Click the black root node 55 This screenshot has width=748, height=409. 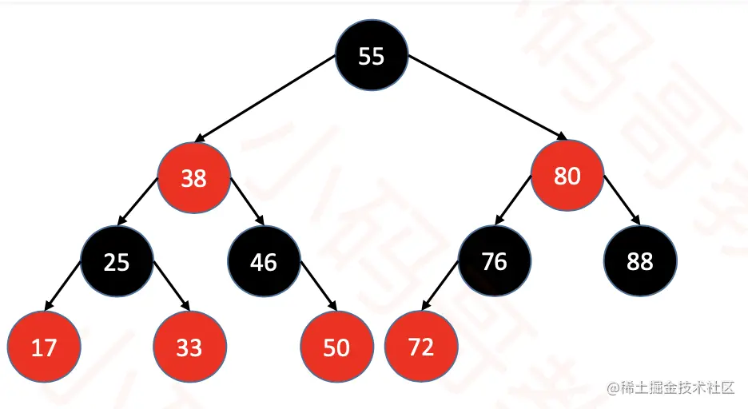tap(372, 56)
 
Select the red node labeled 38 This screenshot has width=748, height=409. tap(193, 177)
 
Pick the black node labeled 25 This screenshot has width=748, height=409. tap(117, 261)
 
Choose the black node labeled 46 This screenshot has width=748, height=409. tap(264, 261)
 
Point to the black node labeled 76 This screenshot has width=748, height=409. tap(495, 261)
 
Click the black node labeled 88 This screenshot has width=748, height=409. tap(640, 261)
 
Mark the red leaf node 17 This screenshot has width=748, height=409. tap(44, 348)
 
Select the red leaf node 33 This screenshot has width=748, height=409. tap(189, 348)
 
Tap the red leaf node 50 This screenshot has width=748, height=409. tap(336, 348)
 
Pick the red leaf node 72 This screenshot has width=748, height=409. tap(421, 347)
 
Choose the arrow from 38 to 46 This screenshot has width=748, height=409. tap(248, 206)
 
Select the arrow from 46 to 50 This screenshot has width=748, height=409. tap(318, 289)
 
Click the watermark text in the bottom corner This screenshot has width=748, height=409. tap(670, 388)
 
